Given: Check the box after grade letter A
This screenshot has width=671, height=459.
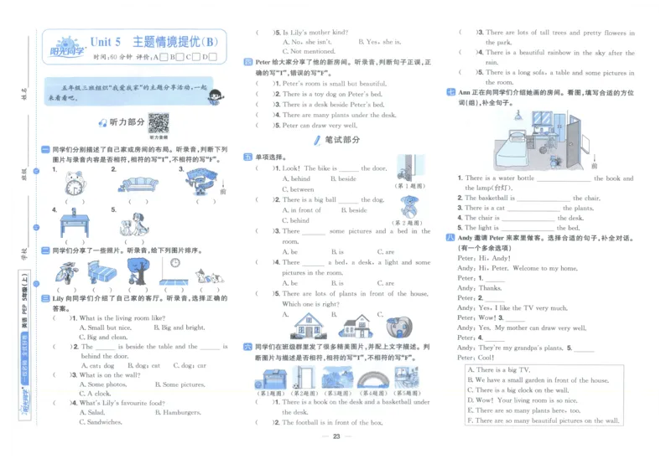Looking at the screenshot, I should point(173,57).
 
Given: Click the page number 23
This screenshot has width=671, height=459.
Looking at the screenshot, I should point(335,438).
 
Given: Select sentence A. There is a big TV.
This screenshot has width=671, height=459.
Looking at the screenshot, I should point(497,369).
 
